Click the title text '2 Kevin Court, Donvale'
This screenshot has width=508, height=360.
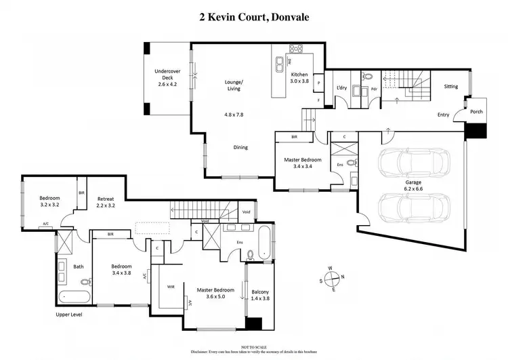253,16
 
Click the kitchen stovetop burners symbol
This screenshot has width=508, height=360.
297,49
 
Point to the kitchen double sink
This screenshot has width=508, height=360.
280,64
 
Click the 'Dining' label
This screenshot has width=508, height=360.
240,147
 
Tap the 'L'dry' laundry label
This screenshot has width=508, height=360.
342,88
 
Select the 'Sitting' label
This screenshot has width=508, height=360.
450,87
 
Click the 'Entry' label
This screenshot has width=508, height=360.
444,115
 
